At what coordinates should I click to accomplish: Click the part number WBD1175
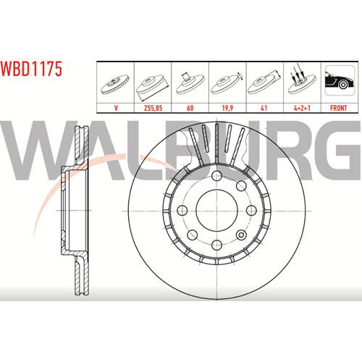click(31, 69)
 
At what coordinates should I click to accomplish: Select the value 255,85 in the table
click(153, 108)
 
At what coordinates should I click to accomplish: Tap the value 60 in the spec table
click(190, 108)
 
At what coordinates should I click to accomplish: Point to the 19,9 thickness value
click(227, 108)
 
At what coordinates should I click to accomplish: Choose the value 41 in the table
click(264, 108)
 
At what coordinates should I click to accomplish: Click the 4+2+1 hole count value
click(302, 108)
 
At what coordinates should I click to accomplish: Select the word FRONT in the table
click(339, 108)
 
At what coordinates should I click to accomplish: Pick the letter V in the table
click(116, 108)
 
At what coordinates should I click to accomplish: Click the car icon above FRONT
click(340, 80)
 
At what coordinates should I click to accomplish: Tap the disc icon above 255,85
click(152, 87)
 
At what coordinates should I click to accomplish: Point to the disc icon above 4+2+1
click(302, 80)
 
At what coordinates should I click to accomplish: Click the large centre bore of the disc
click(216, 211)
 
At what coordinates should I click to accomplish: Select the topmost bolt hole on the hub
click(216, 176)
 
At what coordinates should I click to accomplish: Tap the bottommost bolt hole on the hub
click(216, 245)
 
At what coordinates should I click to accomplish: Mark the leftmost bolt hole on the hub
click(182, 211)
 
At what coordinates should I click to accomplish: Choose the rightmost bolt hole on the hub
click(251, 211)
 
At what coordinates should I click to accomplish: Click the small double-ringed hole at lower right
click(241, 235)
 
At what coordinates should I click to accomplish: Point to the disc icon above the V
click(115, 85)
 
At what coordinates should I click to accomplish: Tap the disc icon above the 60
click(190, 83)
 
